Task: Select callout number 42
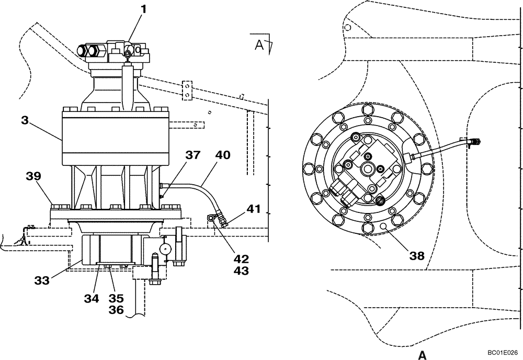point(241,259)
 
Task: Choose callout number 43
point(241,271)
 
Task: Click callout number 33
point(42,280)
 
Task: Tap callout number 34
point(92,298)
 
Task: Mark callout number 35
point(116,298)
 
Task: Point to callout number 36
point(116,310)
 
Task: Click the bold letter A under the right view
point(422,354)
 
